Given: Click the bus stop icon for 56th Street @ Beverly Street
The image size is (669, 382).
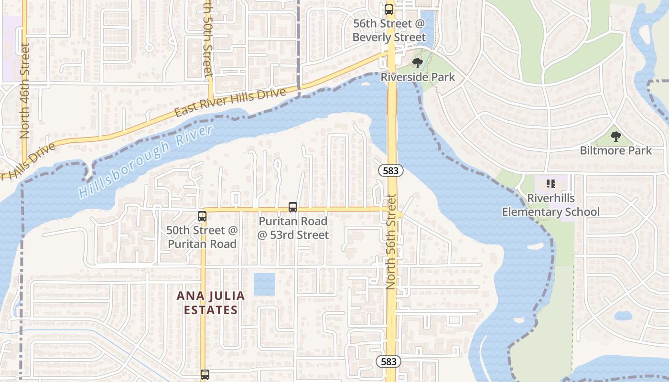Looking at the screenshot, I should pos(389,9).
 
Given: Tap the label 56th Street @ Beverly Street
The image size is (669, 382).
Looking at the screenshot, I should pos(389,30).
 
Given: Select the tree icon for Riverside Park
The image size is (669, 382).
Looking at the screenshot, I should pos(418,63).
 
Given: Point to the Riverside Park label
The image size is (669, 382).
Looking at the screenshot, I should pos(418,77).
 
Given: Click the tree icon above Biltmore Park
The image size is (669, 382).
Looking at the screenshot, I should pos(616,137).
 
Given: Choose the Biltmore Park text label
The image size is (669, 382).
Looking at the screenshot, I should pos(615,150).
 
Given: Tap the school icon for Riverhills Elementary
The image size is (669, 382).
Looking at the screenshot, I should pos(550,184).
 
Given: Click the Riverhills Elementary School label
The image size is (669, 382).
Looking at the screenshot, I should pos(550,205).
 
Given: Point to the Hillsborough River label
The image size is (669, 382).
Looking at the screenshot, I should pos(146,161).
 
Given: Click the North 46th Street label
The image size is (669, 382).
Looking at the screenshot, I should pos(25,91).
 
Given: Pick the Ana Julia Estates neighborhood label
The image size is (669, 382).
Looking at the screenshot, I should pos(211,303).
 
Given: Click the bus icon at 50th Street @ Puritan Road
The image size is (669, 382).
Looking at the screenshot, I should pos(202,216).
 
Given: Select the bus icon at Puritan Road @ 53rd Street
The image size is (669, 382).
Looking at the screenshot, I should pos(293,207).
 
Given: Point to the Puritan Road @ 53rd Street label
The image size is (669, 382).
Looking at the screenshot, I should pos(293,228).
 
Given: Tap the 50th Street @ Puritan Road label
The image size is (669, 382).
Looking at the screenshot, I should pos(202,237).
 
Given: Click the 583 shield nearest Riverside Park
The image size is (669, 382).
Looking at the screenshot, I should pos(390,170).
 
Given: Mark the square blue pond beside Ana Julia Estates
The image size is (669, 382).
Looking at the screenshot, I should pos(264,284).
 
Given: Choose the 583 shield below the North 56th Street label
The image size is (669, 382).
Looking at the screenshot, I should pos(388,361).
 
